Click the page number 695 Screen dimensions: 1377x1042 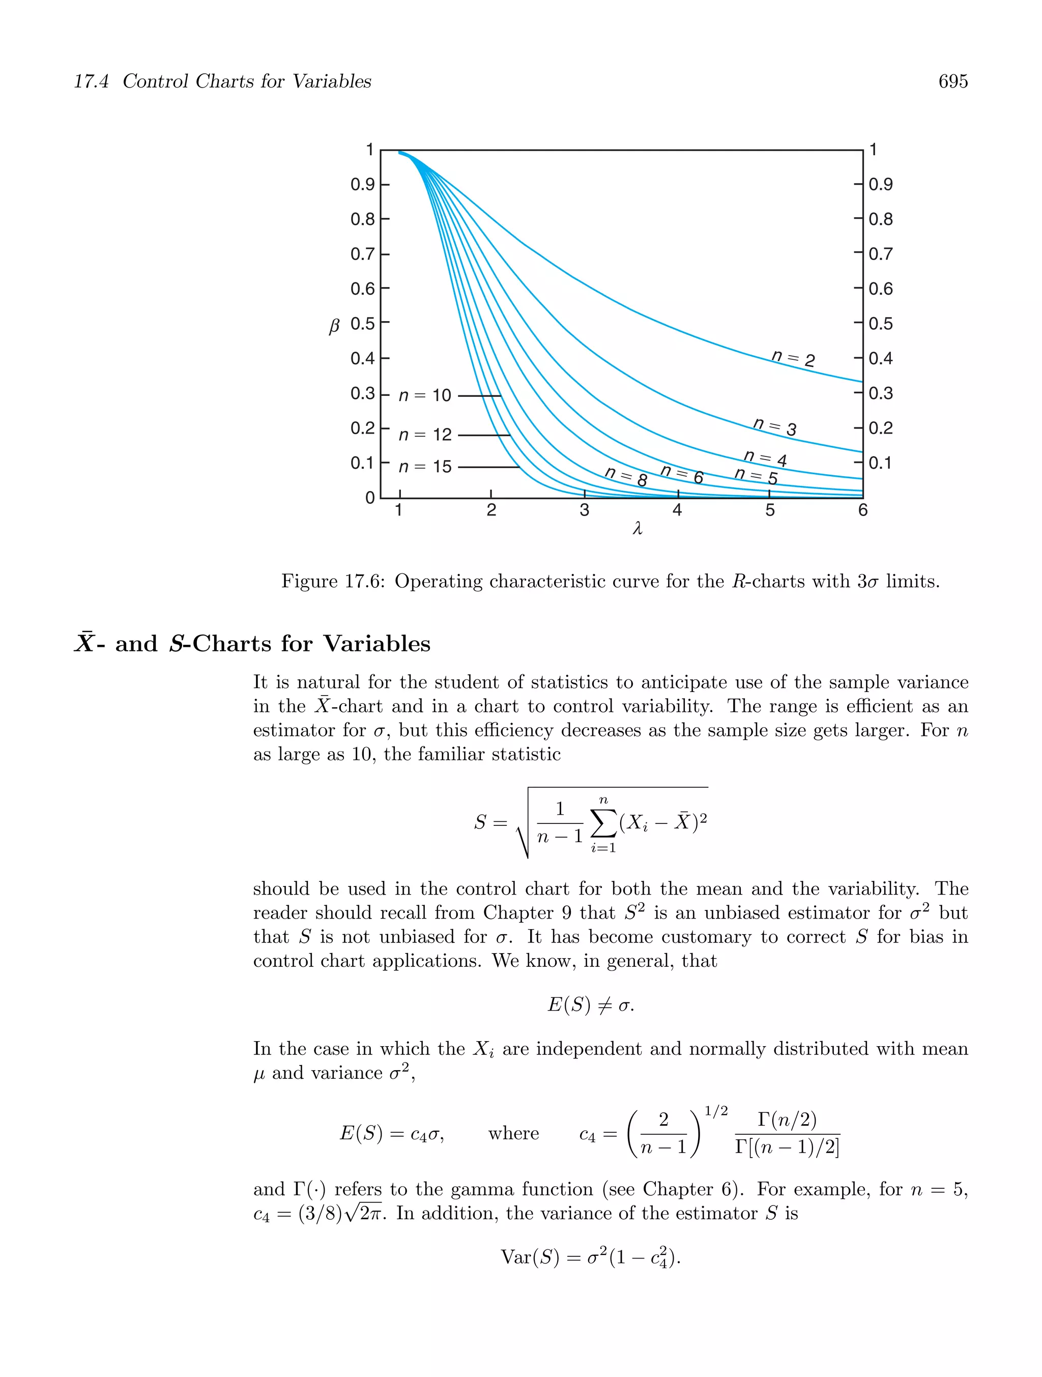952,81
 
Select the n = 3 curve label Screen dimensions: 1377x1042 774,427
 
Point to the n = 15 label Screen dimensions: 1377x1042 425,467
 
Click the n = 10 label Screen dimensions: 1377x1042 425,395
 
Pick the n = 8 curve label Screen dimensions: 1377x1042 626,477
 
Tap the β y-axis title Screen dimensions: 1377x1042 334,326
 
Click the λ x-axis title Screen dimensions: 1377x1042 637,529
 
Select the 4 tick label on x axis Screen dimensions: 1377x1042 677,510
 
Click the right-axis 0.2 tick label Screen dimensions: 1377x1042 881,428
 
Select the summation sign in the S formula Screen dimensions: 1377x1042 603,823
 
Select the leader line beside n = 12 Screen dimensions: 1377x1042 484,435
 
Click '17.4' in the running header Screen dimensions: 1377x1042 92,81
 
